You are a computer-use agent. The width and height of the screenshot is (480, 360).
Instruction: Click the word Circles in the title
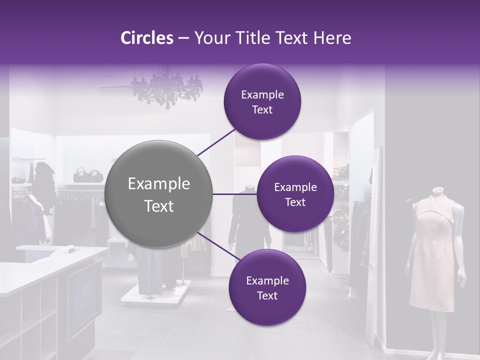click(x=146, y=38)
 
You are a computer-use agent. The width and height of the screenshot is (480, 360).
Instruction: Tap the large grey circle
click(x=159, y=194)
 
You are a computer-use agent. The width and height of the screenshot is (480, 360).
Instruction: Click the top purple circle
click(x=262, y=101)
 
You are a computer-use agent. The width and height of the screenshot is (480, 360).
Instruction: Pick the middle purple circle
click(x=295, y=194)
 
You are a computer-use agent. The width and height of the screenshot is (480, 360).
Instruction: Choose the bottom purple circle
click(x=267, y=287)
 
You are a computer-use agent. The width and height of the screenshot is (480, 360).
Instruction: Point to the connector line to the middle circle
click(x=234, y=194)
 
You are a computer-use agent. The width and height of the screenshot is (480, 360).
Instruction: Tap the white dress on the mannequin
click(x=433, y=250)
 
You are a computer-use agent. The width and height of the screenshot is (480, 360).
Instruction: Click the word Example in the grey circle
click(x=159, y=183)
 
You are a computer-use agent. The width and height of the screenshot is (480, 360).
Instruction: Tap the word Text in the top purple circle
click(x=262, y=109)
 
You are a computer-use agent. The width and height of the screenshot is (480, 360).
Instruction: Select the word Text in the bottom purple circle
click(x=267, y=295)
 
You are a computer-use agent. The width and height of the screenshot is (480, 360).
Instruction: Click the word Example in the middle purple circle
click(x=295, y=187)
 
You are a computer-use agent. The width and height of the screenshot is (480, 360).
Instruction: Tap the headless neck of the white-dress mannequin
click(x=438, y=191)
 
